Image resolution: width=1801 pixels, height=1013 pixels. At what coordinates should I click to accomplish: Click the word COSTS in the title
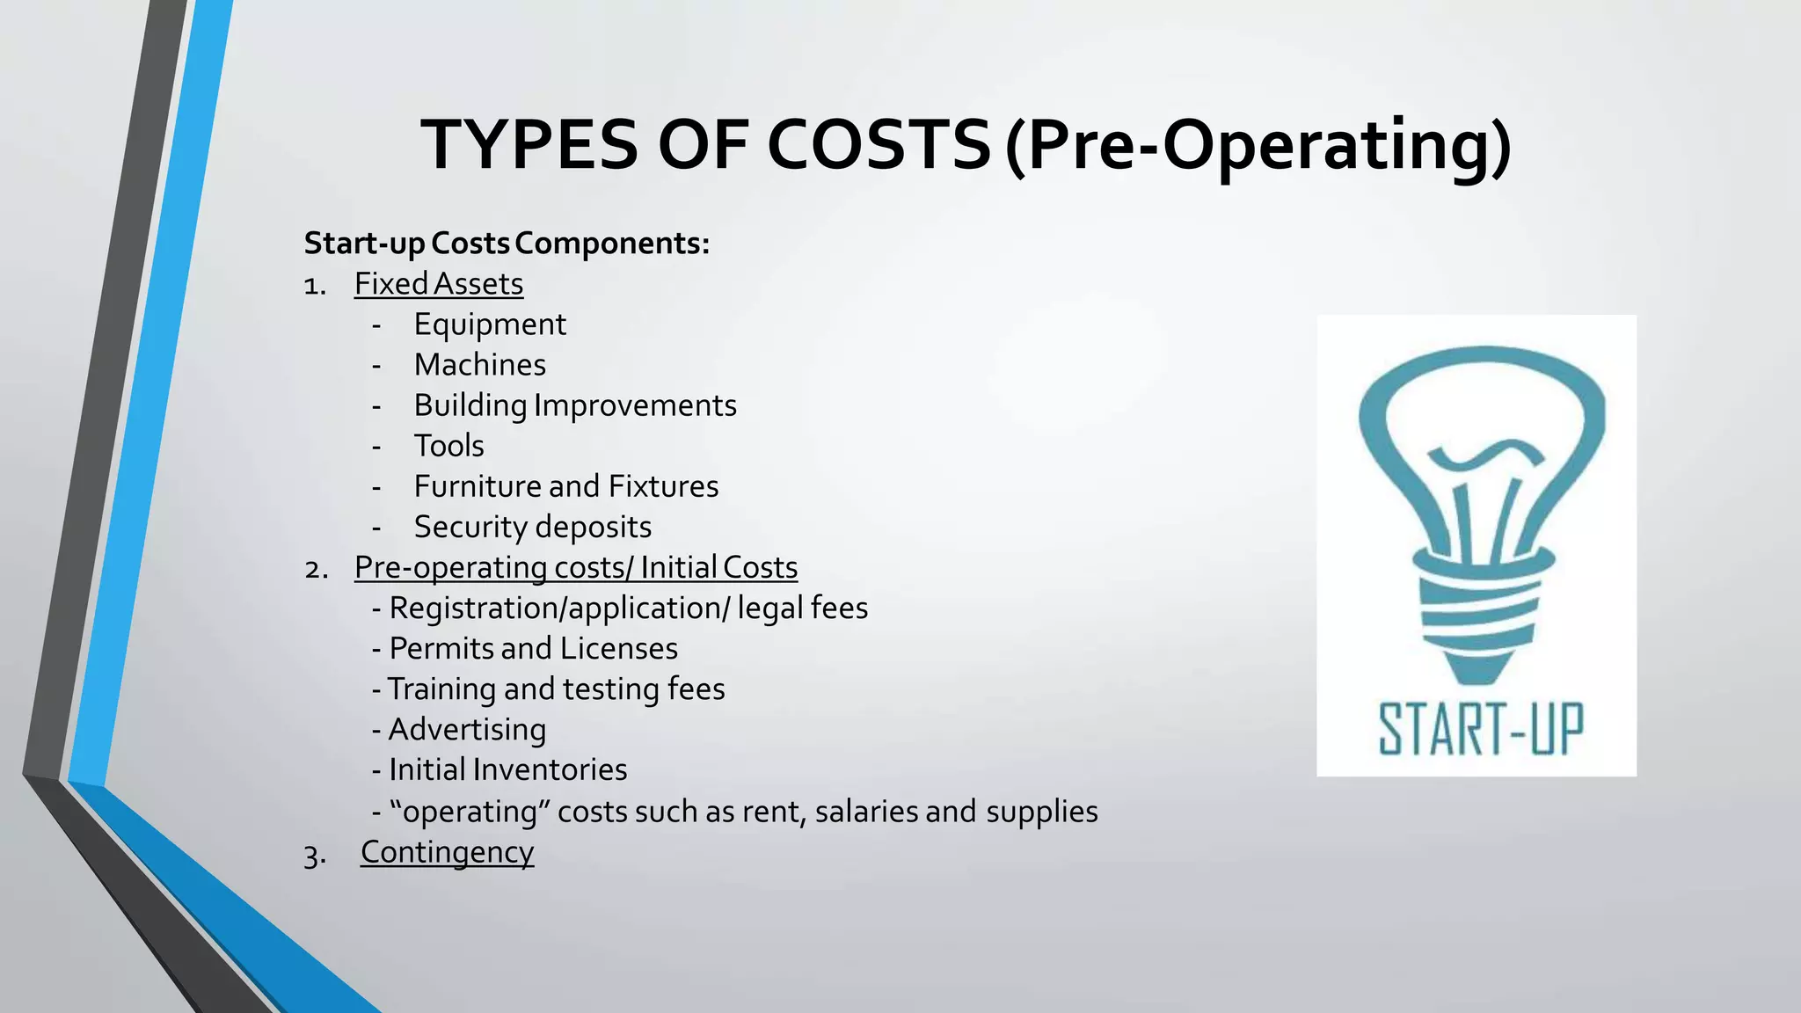pyautogui.click(x=879, y=145)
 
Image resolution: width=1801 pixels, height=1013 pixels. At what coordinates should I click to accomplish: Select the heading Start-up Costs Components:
pyautogui.click(x=507, y=244)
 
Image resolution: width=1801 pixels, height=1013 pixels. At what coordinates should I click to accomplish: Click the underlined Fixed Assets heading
pyautogui.click(x=439, y=284)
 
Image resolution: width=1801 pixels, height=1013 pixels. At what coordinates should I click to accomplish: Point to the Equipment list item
pyautogui.click(x=490, y=324)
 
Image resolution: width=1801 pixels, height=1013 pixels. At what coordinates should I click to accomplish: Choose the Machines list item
pyautogui.click(x=480, y=365)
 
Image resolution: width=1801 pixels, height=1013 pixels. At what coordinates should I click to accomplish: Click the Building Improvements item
pyautogui.click(x=575, y=405)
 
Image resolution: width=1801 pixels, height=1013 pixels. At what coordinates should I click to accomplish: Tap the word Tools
pyautogui.click(x=448, y=446)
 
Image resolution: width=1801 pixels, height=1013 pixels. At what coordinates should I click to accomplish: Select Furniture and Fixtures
pyautogui.click(x=566, y=486)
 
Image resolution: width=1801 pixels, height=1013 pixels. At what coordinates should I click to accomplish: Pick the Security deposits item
pyautogui.click(x=533, y=527)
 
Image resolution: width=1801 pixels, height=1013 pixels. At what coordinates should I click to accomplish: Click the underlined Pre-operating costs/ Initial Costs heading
pyautogui.click(x=576, y=567)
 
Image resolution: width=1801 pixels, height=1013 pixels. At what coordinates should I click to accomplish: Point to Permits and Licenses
pyautogui.click(x=533, y=649)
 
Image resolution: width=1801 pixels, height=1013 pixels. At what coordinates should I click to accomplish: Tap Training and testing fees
pyautogui.click(x=556, y=689)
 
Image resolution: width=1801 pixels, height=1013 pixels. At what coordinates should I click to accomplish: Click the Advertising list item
pyautogui.click(x=467, y=730)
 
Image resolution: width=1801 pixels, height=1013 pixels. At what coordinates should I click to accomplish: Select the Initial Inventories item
pyautogui.click(x=507, y=770)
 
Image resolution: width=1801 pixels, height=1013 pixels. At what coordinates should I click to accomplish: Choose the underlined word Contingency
pyautogui.click(x=447, y=852)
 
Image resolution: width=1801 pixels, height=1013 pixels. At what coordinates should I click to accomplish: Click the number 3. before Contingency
pyautogui.click(x=315, y=855)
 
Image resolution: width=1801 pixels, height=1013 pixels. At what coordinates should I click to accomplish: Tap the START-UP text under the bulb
pyautogui.click(x=1481, y=730)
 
